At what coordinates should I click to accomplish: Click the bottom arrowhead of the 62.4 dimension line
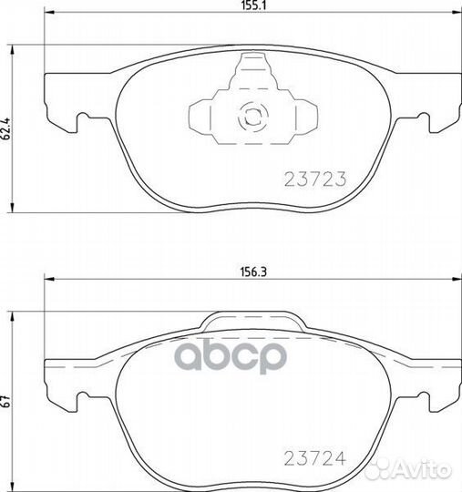tap(10, 211)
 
